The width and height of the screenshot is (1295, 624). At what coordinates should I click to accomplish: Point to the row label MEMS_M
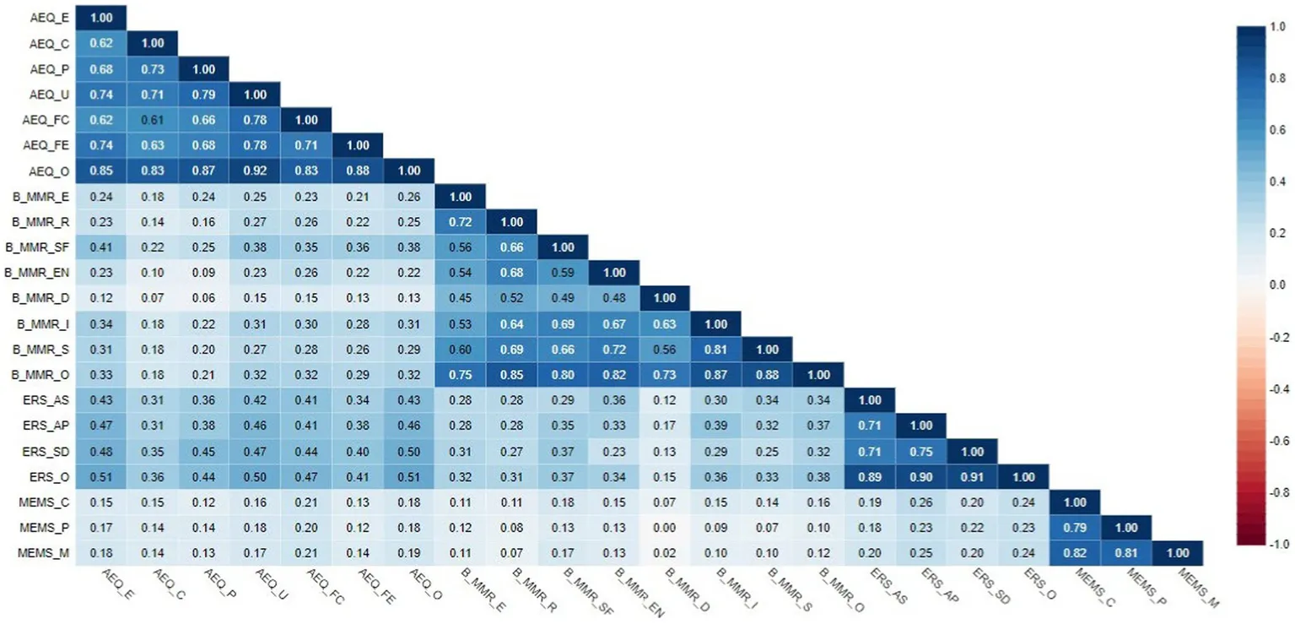pyautogui.click(x=47, y=554)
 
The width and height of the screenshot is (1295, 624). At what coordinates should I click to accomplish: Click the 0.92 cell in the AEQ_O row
pyautogui.click(x=255, y=171)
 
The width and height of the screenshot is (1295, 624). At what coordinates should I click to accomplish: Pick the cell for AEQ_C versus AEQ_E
pyautogui.click(x=101, y=42)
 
